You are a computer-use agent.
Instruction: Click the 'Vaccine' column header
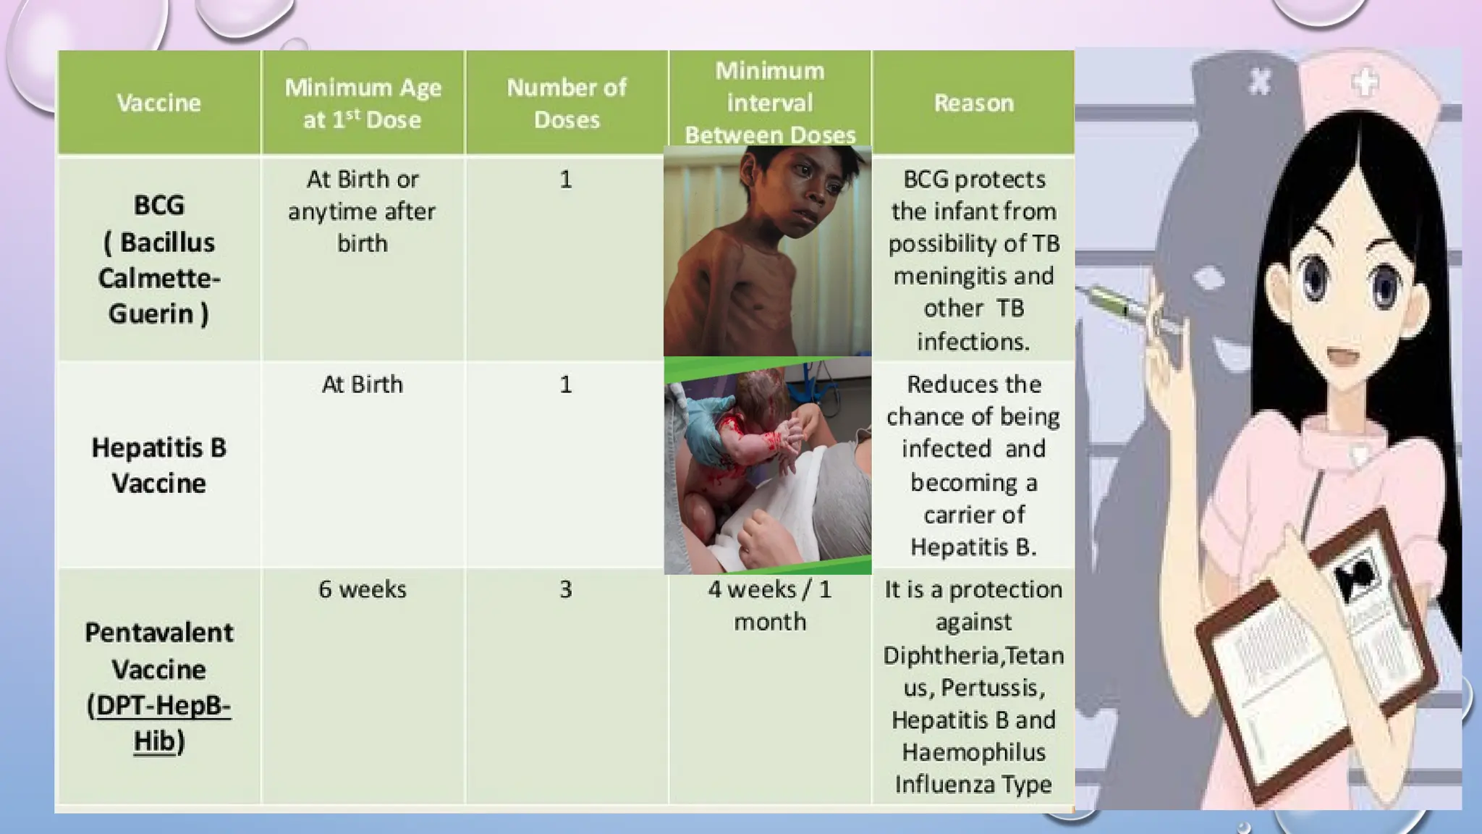click(x=158, y=103)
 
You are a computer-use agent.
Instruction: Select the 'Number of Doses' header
click(x=567, y=103)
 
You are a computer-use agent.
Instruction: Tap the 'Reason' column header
click(x=973, y=103)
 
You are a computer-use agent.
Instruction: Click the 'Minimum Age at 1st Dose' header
click(x=363, y=103)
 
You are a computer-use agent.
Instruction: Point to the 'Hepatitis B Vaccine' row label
click(x=158, y=465)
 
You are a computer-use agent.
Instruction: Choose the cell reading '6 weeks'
click(x=363, y=589)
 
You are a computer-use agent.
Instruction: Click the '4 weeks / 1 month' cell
click(x=770, y=605)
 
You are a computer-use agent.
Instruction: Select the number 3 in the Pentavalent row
click(x=566, y=589)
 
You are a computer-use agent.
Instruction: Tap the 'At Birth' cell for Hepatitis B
click(x=363, y=384)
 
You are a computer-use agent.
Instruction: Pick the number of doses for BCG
click(x=566, y=179)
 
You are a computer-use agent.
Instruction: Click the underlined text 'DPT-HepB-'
click(x=163, y=705)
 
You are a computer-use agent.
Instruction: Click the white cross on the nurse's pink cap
click(x=1365, y=83)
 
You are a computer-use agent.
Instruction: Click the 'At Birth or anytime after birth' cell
click(x=363, y=211)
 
